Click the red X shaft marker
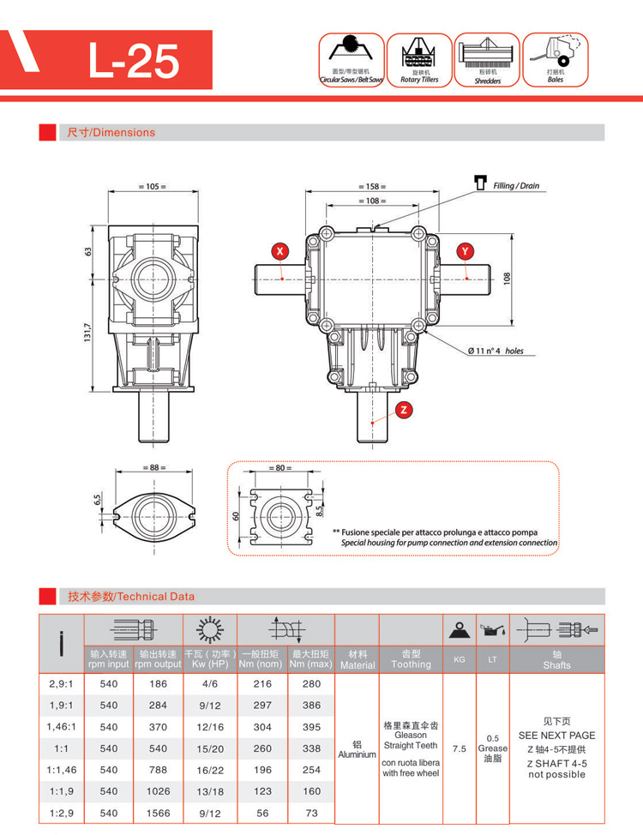point(279,250)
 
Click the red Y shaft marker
point(465,250)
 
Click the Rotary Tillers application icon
point(419,60)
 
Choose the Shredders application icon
point(488,60)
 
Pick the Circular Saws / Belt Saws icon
point(352,60)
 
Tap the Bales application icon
point(556,60)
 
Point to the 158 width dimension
point(371,186)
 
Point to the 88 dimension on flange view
point(154,468)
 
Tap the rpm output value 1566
point(158,813)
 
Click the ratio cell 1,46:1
point(61,726)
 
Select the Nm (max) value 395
point(311,726)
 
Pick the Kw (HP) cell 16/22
point(209,770)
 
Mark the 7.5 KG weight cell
point(459,748)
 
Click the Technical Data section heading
point(131,597)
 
